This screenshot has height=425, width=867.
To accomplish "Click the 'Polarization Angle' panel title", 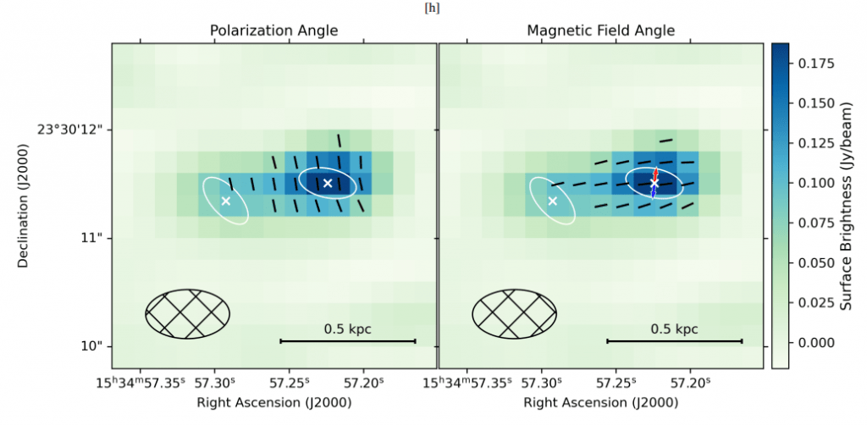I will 273,30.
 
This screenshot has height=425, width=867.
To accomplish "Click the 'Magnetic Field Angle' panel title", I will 600,30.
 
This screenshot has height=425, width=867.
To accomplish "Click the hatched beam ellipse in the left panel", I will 188,314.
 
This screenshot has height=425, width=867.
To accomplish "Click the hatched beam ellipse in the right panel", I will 514,314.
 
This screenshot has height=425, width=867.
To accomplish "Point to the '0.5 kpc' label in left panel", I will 347,328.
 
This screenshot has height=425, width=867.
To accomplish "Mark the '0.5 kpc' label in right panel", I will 674,328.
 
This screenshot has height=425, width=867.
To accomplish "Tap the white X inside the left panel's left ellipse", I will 225,201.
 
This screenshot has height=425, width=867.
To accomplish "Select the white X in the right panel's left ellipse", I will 552,201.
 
